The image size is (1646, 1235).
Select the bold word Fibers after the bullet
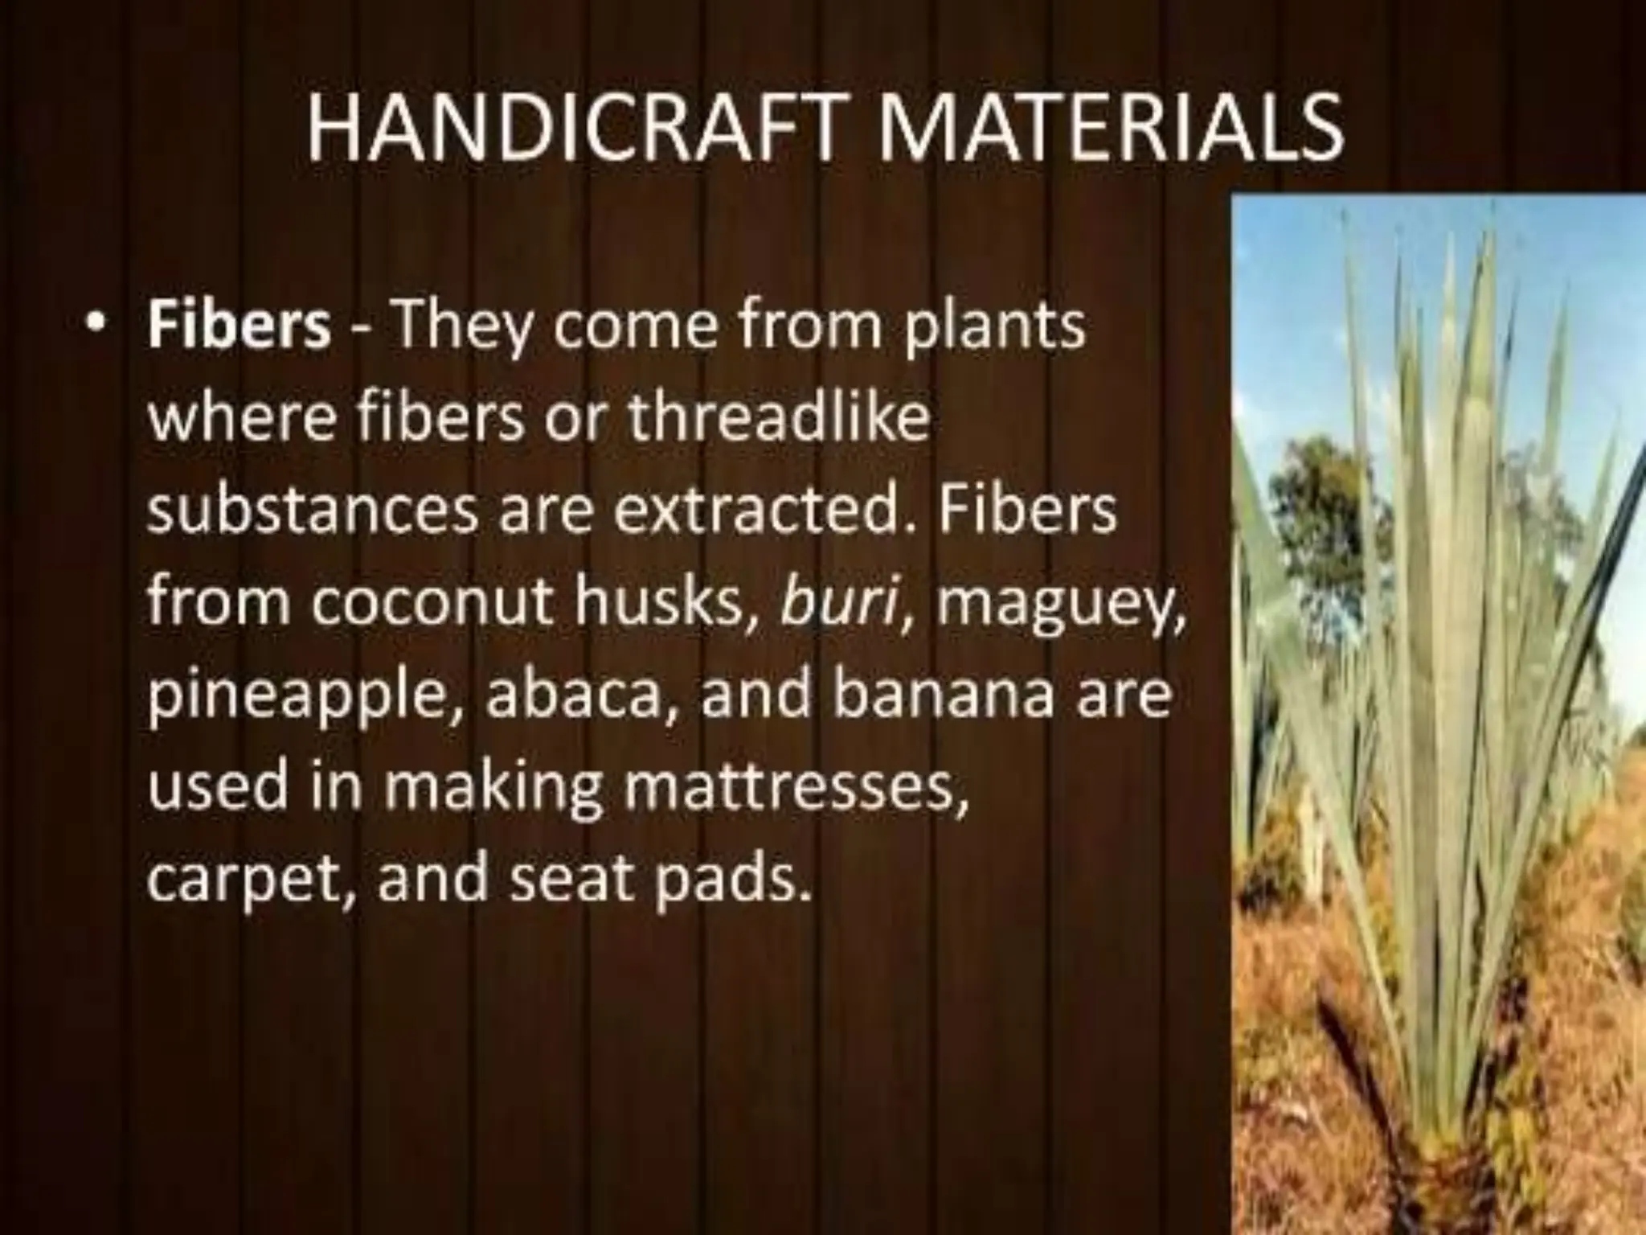(238, 326)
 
